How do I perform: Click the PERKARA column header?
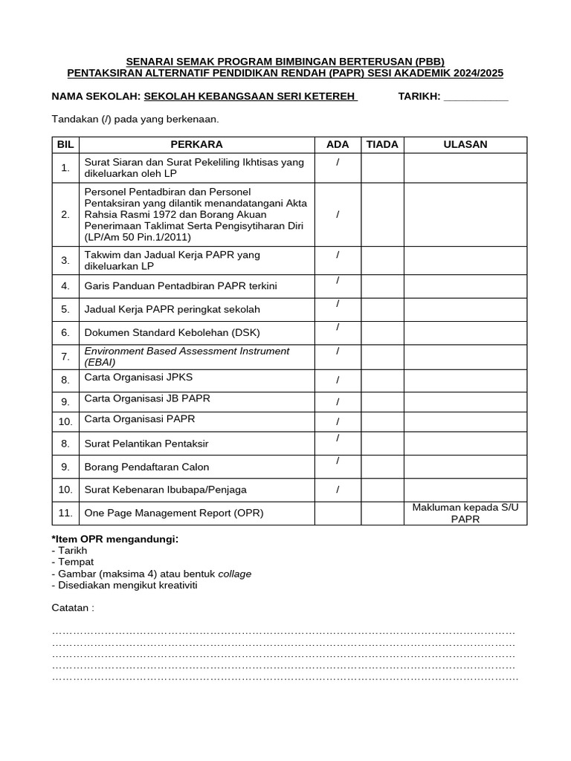pyautogui.click(x=196, y=144)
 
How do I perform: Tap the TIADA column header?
pyautogui.click(x=382, y=144)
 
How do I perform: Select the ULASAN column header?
pyautogui.click(x=465, y=144)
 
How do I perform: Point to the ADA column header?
pyautogui.click(x=338, y=144)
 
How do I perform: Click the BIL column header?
pyautogui.click(x=65, y=144)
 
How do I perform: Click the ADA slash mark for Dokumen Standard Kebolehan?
pyautogui.click(x=338, y=328)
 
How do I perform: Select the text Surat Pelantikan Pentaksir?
pyautogui.click(x=146, y=444)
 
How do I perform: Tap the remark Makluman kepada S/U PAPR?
pyautogui.click(x=465, y=513)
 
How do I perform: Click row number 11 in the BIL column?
pyautogui.click(x=65, y=513)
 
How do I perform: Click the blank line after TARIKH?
pyautogui.click(x=475, y=97)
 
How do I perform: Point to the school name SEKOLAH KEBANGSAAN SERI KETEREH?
pyautogui.click(x=250, y=97)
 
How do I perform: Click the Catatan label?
pyautogui.click(x=73, y=608)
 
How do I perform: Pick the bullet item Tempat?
pyautogui.click(x=72, y=562)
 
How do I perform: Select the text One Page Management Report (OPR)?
pyautogui.click(x=174, y=513)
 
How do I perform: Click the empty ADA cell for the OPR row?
pyautogui.click(x=338, y=513)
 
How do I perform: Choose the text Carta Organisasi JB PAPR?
pyautogui.click(x=147, y=399)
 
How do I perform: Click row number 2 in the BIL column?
pyautogui.click(x=65, y=214)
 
